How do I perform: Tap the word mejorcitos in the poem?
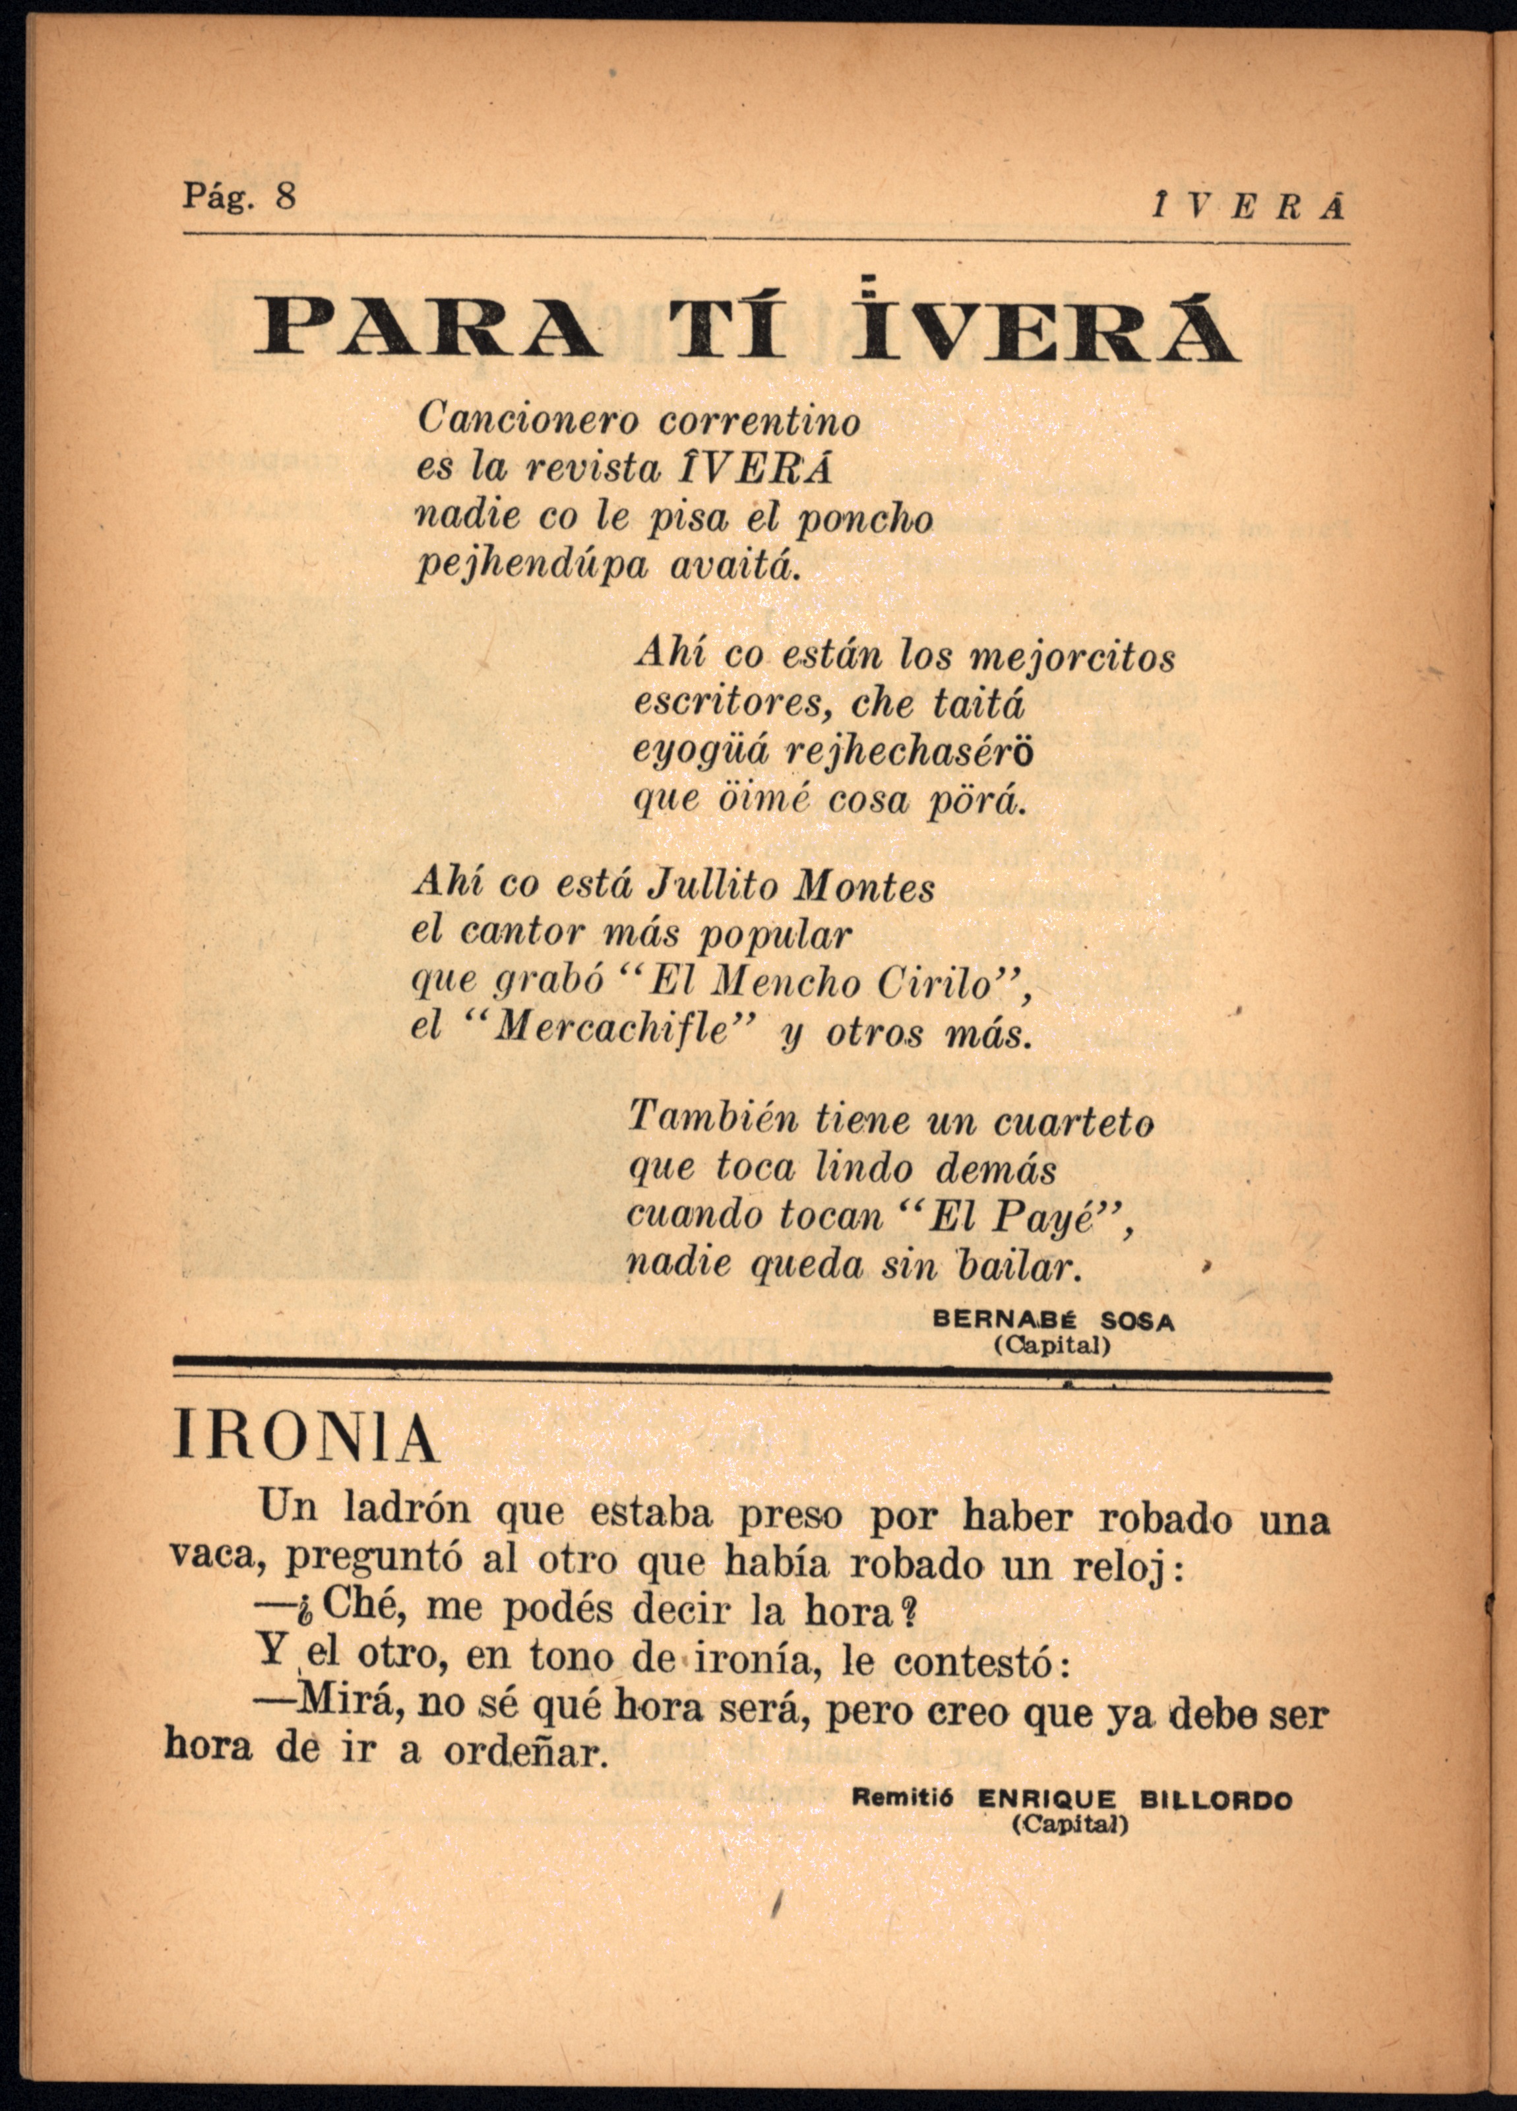pos(1072,657)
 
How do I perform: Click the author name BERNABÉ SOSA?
pos(1053,1320)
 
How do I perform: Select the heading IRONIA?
pos(304,1440)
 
